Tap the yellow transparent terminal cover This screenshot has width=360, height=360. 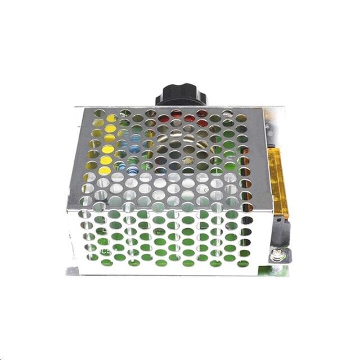[x=280, y=180]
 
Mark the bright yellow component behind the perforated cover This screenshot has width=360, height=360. [x=107, y=149]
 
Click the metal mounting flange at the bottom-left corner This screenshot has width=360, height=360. [x=71, y=271]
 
